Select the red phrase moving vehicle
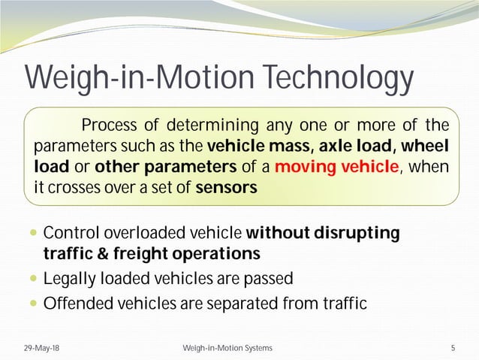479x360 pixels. click(336, 166)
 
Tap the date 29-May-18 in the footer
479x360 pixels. click(38, 348)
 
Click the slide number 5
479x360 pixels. click(453, 348)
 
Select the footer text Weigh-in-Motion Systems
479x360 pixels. click(227, 348)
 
